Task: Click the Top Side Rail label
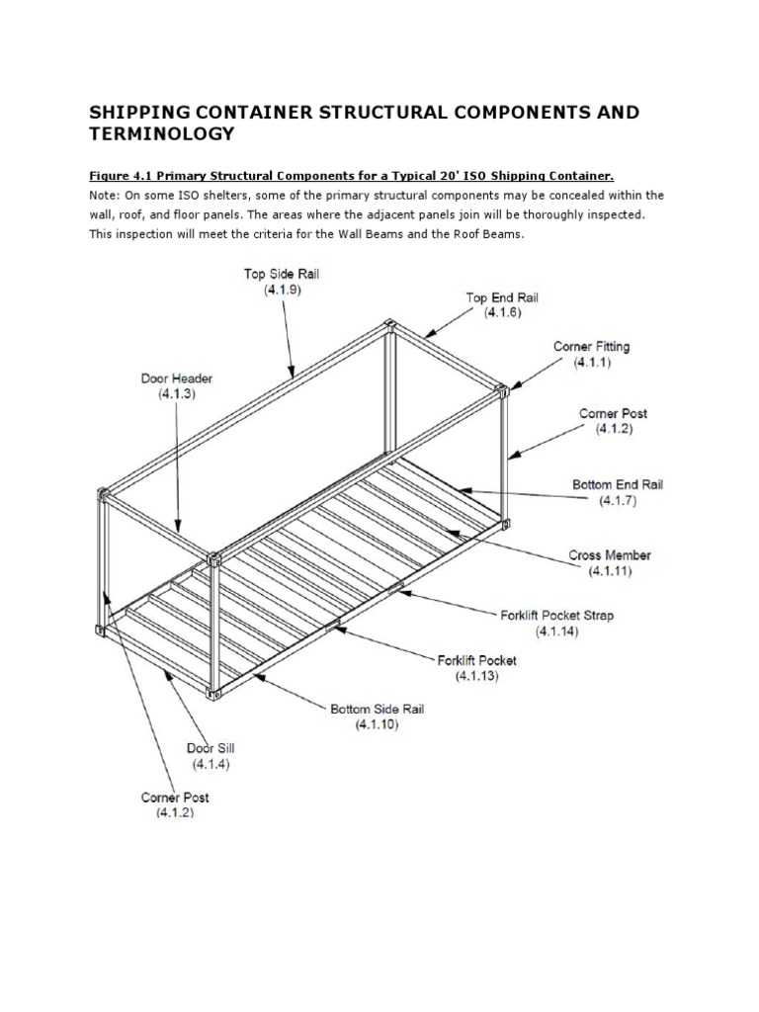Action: pyautogui.click(x=282, y=274)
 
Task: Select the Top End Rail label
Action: pyautogui.click(x=502, y=296)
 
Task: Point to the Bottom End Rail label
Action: pyautogui.click(x=618, y=485)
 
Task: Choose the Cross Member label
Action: pyautogui.click(x=610, y=555)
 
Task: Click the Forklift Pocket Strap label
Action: pyautogui.click(x=555, y=615)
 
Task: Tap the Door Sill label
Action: pyautogui.click(x=211, y=748)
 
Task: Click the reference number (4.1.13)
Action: pyautogui.click(x=476, y=676)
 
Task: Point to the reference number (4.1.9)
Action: pyautogui.click(x=282, y=291)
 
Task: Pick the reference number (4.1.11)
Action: pyautogui.click(x=610, y=571)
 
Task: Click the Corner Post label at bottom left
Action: pyautogui.click(x=175, y=797)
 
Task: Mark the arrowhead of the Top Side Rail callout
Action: pyautogui.click(x=293, y=375)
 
